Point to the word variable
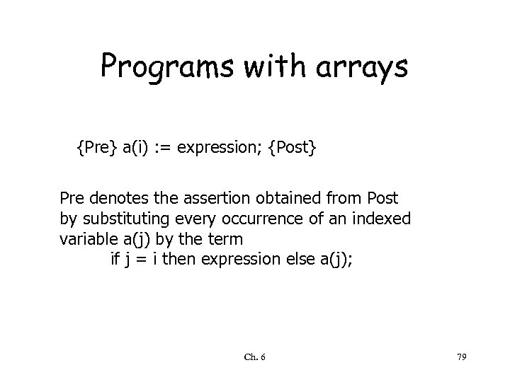(84, 238)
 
